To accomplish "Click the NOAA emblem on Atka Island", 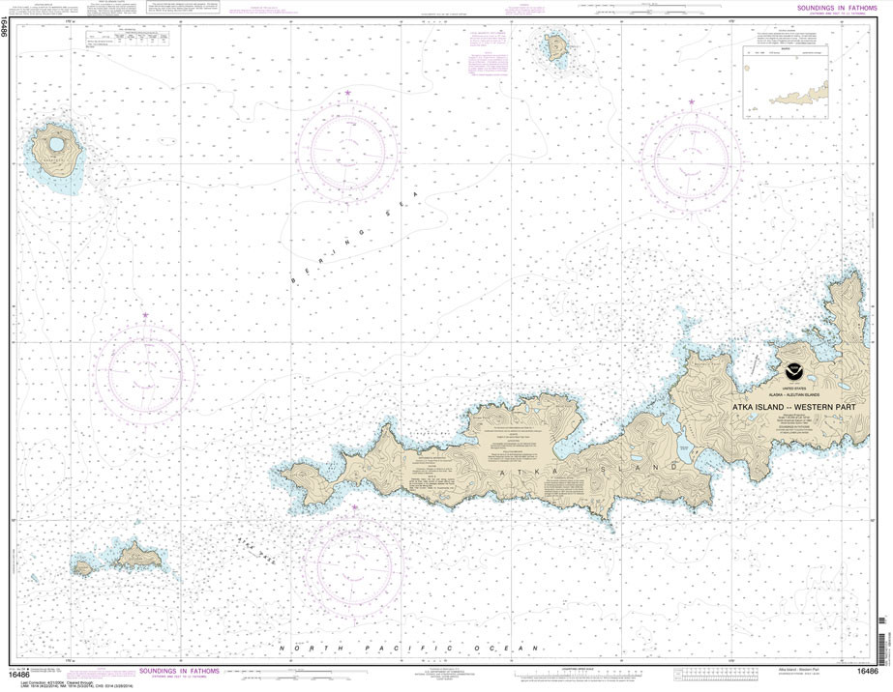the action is (794, 371).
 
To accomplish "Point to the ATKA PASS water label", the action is (253, 551).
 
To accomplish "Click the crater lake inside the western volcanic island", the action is (56, 145).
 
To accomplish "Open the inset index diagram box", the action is (786, 82).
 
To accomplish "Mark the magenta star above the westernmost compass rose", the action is (145, 316).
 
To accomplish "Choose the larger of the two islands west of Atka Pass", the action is (135, 555).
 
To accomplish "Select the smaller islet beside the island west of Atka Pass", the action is (83, 568).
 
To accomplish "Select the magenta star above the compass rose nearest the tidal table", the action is (347, 93).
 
